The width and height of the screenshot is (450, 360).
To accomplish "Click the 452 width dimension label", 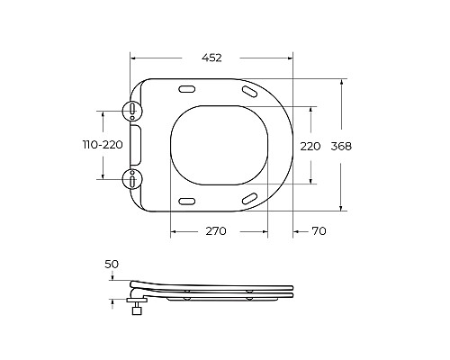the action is (211, 58).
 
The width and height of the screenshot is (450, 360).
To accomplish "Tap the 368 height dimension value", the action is (341, 147).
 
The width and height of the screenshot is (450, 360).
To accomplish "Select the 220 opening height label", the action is (310, 147).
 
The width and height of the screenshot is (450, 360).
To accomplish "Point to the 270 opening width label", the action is (216, 231).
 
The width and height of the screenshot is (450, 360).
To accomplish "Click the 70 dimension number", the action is (319, 231).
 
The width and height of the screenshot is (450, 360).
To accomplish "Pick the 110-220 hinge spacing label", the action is (103, 145).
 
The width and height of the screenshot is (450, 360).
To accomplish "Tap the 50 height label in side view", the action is (112, 264).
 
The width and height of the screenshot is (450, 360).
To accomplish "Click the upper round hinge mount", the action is (132, 111).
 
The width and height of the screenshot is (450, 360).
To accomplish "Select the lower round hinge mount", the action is (132, 179).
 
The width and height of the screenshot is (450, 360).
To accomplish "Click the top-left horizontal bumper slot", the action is (187, 89).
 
